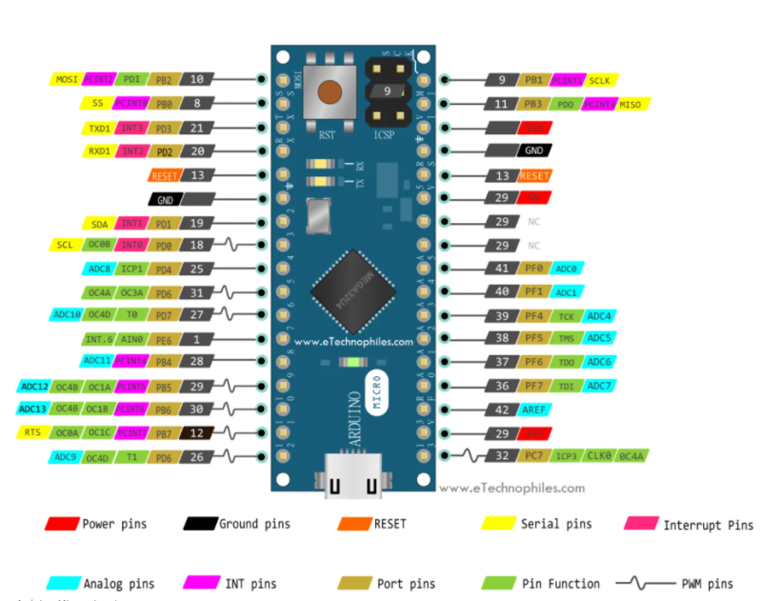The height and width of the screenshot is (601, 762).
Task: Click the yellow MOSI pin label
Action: (x=67, y=80)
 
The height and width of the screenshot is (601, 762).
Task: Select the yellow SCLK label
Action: (x=601, y=80)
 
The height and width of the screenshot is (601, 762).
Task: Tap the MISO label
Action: (x=630, y=104)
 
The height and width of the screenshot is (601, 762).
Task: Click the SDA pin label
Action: (x=100, y=224)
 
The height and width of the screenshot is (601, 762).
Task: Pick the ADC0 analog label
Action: (x=566, y=269)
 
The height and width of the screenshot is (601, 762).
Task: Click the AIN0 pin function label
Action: (x=131, y=339)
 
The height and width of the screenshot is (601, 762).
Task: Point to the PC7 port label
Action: (x=533, y=456)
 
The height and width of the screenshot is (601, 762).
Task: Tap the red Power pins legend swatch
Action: (x=62, y=524)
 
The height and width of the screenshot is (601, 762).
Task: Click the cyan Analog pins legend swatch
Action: (x=62, y=583)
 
